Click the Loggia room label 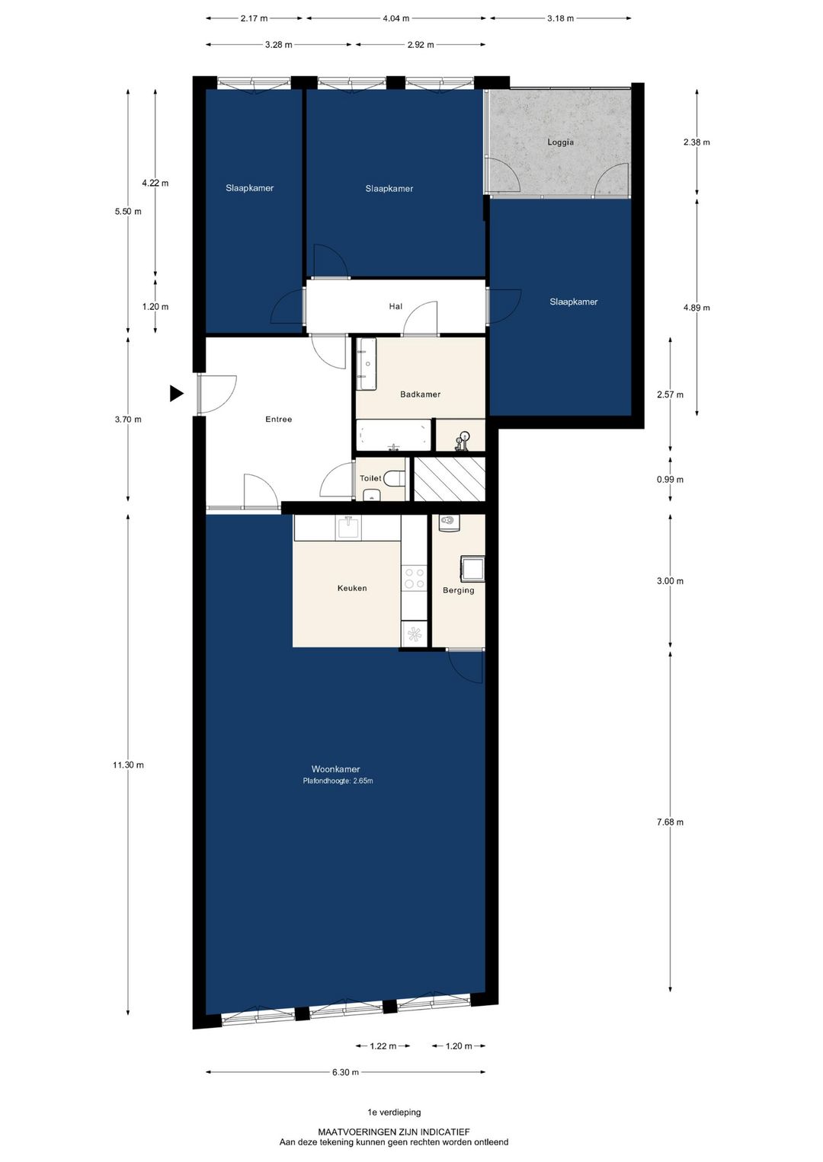(560, 142)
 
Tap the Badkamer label (420, 394)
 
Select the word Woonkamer (335, 769)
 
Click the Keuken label (352, 589)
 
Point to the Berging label (459, 590)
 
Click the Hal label (395, 307)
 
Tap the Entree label (279, 419)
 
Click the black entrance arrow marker (177, 394)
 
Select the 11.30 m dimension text (128, 765)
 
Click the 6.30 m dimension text (346, 1072)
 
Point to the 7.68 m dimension (671, 822)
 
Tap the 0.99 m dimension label (671, 479)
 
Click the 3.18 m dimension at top (561, 18)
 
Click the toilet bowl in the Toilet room (395, 477)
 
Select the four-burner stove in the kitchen (415, 579)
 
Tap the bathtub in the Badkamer (393, 435)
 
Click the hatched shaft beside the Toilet (449, 479)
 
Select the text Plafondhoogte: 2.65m (338, 781)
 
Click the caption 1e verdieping (394, 1113)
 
